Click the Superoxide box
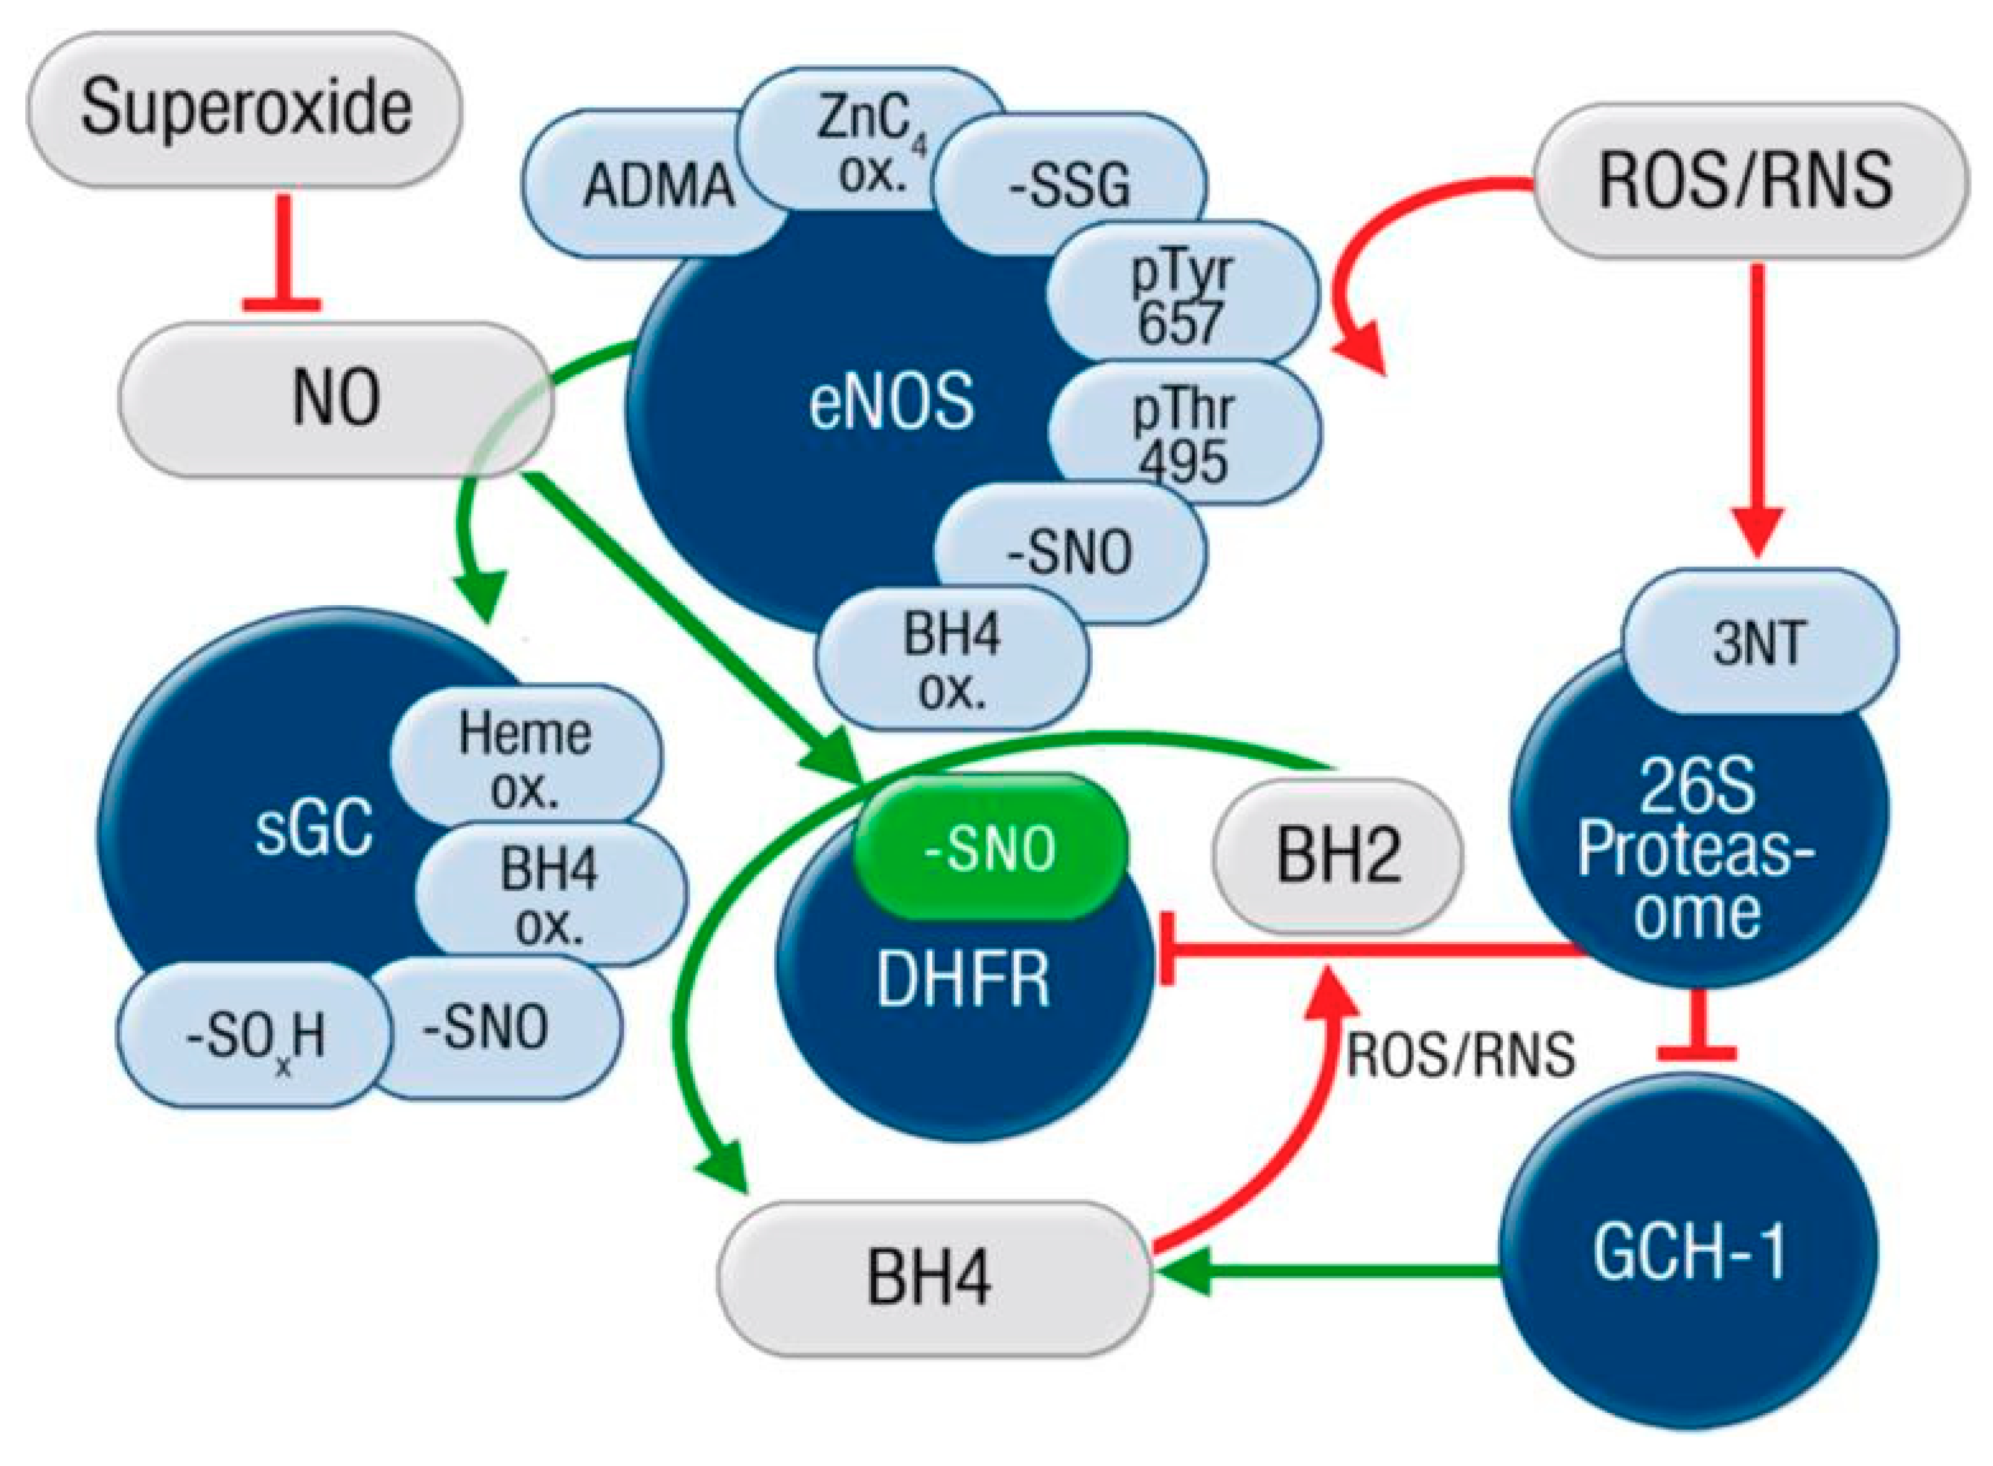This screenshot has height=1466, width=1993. (x=245, y=108)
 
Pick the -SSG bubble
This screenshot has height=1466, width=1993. (x=1070, y=185)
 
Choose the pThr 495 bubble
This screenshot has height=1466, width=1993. (x=1185, y=435)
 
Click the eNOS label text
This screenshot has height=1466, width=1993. (x=890, y=402)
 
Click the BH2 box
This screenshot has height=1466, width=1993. (x=1337, y=857)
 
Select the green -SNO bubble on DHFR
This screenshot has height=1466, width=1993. (x=990, y=847)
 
